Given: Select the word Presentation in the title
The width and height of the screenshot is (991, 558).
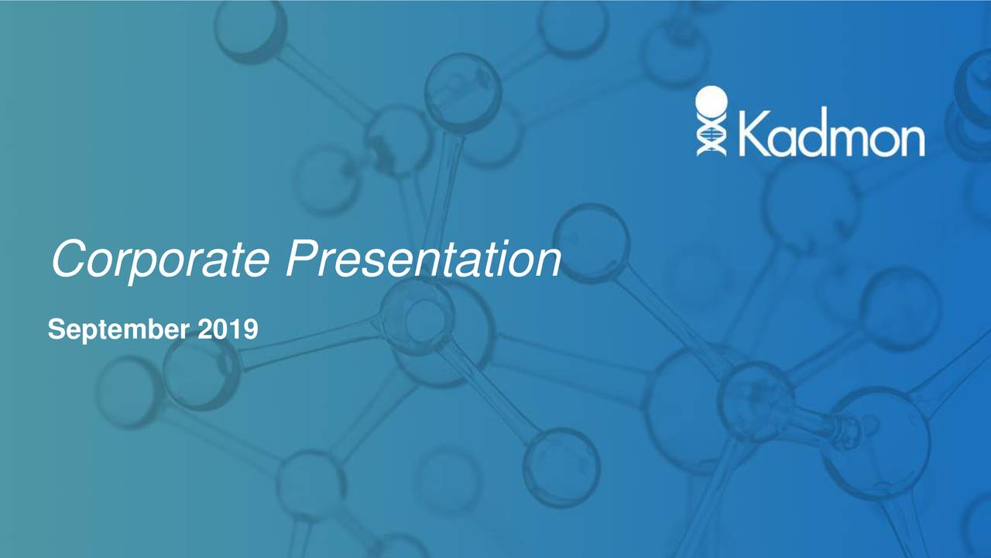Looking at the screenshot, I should pos(422,260).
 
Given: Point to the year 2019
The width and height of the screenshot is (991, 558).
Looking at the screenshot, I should pos(228,331).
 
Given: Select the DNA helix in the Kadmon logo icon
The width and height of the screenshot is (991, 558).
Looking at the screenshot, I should pos(710,137).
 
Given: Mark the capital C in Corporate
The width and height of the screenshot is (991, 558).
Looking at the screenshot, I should pos(68,260).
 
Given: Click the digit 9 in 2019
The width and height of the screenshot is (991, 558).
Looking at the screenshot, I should pos(250,331).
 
